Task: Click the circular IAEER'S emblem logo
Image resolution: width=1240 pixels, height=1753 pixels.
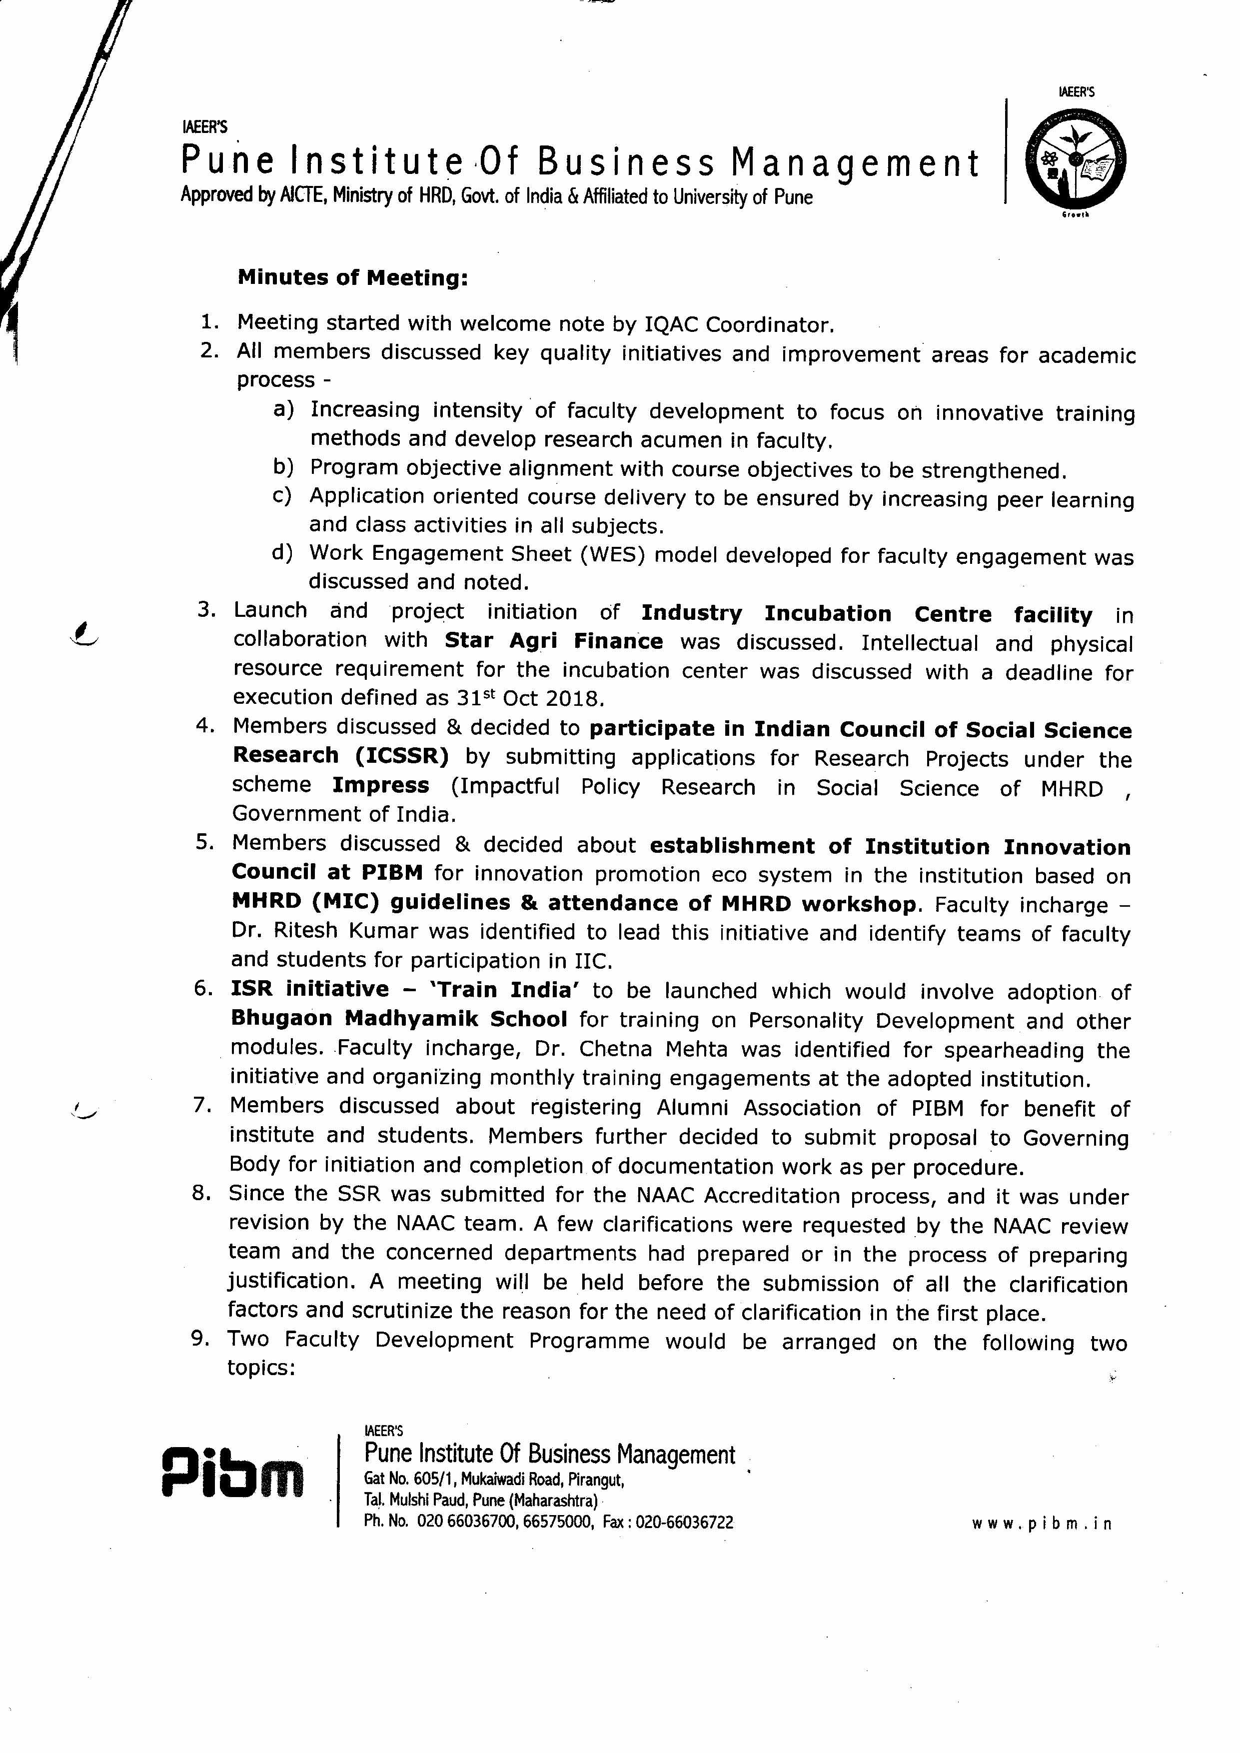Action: point(1075,159)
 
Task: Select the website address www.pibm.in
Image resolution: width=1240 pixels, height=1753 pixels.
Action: point(1042,1523)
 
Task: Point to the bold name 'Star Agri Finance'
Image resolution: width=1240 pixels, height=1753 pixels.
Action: point(554,641)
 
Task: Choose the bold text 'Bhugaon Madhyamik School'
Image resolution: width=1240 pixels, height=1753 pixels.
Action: point(398,1019)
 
